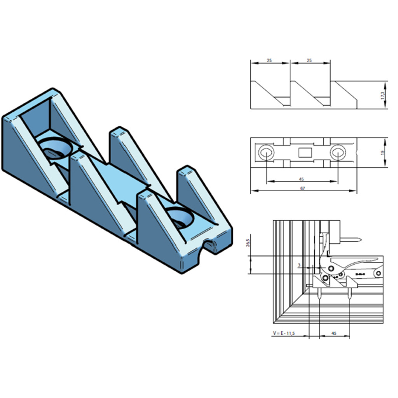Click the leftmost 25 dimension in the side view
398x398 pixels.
coord(269,61)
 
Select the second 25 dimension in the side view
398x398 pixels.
coord(309,61)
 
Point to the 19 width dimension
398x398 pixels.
coord(382,152)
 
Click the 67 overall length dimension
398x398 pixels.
coord(302,189)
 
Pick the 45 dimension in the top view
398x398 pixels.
coord(302,179)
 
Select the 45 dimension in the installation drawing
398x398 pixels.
coord(334,333)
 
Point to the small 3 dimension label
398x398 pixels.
coord(299,265)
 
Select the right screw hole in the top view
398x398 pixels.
coord(337,152)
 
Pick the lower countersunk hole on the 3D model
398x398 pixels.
coord(180,218)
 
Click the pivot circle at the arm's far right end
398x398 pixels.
coord(378,274)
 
